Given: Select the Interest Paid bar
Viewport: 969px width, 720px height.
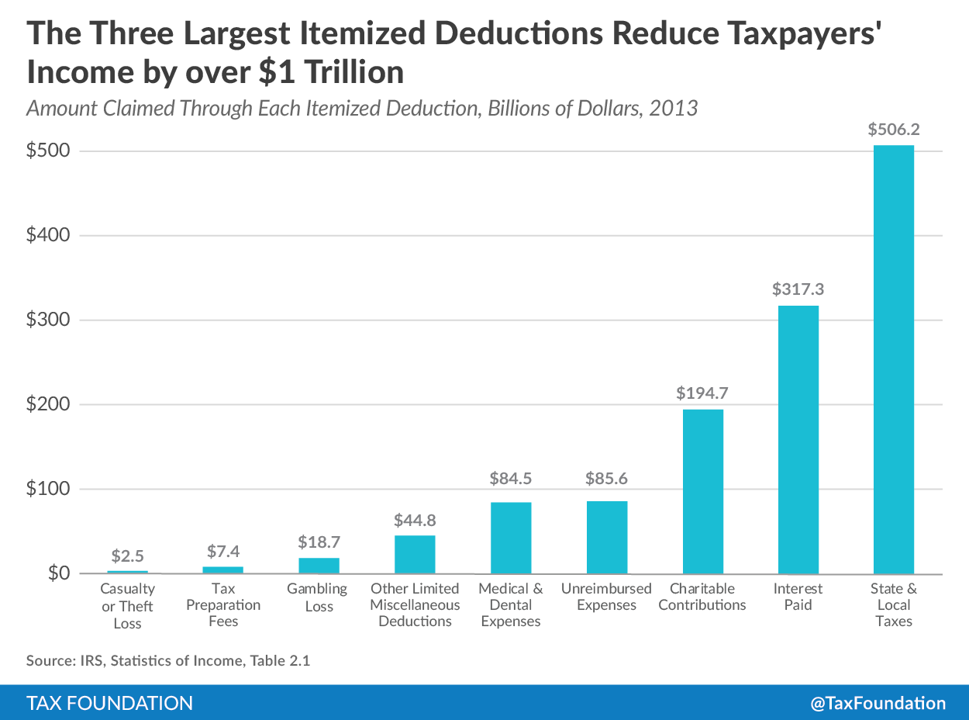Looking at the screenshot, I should (798, 439).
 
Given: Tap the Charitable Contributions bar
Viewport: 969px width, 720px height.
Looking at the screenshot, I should (702, 491).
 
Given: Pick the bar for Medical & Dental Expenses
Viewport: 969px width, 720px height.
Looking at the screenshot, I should (511, 538).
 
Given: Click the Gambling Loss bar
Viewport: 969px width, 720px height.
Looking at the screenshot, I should (319, 566).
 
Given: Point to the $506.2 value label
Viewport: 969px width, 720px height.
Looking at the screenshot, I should (894, 130).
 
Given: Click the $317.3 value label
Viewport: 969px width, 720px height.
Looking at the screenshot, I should (798, 289).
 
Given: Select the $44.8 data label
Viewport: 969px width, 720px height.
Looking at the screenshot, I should (415, 520).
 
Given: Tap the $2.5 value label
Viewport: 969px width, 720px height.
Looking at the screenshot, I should (128, 556).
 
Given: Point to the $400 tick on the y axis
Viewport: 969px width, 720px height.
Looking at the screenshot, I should (48, 235).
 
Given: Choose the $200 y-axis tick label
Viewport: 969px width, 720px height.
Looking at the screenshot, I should (48, 404).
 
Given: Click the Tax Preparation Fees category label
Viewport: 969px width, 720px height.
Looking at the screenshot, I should (223, 605).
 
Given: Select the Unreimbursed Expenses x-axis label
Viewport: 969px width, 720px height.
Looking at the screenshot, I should (606, 597).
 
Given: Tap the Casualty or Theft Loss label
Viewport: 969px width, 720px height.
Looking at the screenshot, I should (128, 606).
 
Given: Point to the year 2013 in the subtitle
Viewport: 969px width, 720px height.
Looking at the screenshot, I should (673, 107).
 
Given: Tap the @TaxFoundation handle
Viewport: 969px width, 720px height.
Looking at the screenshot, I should (878, 703).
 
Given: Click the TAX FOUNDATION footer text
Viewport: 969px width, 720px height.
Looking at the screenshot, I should (109, 703).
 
